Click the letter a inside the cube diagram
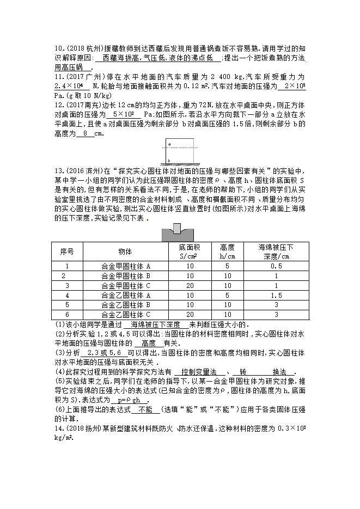coord(169,144)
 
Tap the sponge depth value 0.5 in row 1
coord(276,266)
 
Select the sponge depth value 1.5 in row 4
coord(276,295)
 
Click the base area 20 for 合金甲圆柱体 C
coord(190,285)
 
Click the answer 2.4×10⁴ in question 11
coord(68,86)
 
